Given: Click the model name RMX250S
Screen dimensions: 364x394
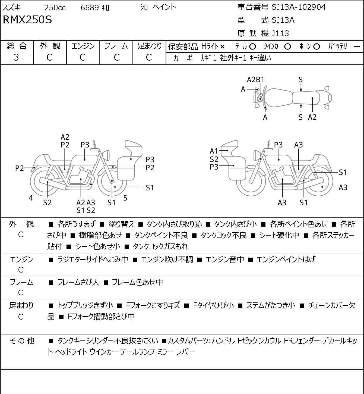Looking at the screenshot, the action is tap(27, 20).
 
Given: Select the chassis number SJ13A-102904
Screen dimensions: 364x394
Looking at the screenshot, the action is tap(299, 7).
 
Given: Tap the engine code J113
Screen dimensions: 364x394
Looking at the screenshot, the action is tap(280, 33).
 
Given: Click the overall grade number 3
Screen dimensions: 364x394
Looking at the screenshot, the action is tap(16, 58).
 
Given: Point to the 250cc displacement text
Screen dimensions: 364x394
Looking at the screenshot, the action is tap(55, 8).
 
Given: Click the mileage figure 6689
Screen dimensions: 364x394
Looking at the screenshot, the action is tap(90, 8).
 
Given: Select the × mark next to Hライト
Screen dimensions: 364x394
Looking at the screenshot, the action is tap(223, 47).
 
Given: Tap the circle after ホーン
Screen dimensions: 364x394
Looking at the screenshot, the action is tap(316, 47).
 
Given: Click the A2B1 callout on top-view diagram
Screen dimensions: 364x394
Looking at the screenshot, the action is tap(255, 80).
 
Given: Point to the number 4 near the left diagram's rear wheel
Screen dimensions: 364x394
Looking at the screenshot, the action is tap(31, 198).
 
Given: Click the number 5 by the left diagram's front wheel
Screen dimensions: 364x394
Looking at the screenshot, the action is tap(125, 198).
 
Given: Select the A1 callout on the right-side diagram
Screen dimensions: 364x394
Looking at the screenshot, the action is tap(214, 151).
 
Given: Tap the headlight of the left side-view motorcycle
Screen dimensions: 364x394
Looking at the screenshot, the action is tap(106, 155).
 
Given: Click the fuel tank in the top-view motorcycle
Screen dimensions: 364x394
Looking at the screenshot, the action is tap(278, 98).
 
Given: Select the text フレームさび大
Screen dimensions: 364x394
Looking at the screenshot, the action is tap(78, 282).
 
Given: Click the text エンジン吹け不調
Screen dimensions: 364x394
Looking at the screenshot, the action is tap(167, 259).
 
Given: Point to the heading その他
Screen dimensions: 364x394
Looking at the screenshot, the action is tap(22, 341).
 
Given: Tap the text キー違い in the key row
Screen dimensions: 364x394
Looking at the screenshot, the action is tap(260, 58).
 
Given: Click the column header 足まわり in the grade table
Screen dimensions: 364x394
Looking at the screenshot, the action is tap(150, 46).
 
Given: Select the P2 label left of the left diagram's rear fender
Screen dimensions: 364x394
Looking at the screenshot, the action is tap(20, 168).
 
